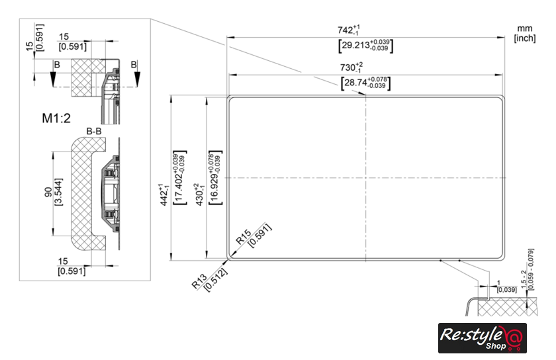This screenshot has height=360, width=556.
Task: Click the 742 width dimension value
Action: (x=349, y=30)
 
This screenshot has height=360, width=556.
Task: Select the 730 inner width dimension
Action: (x=351, y=67)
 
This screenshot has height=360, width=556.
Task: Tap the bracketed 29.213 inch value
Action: (x=366, y=46)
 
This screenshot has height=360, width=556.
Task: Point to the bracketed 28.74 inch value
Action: (x=366, y=83)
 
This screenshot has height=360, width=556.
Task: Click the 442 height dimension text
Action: (x=163, y=195)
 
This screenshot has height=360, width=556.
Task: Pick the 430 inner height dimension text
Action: (x=199, y=195)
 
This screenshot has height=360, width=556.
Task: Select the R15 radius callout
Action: (x=244, y=236)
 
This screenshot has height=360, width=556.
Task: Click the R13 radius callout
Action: (x=199, y=281)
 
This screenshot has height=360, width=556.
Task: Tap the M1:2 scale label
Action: (x=56, y=118)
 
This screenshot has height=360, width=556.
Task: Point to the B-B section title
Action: (x=94, y=131)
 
